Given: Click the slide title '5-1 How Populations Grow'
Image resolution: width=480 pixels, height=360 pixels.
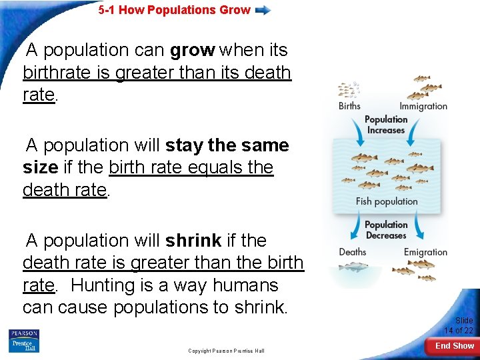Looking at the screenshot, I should tap(174, 10).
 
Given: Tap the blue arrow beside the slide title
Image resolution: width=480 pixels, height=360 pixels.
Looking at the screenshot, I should tap(263, 10).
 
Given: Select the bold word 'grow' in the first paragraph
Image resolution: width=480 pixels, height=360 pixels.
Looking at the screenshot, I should tap(192, 50).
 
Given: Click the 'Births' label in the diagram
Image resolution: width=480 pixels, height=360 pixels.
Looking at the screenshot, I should tap(349, 106).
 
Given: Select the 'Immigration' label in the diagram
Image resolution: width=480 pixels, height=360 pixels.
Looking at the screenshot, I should tap(423, 106).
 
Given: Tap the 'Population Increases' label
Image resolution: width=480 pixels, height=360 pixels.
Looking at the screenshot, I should tap(386, 125).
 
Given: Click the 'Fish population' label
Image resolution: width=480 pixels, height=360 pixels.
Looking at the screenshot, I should tap(387, 201).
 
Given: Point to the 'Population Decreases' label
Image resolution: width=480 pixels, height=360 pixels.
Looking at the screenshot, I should tap(386, 230).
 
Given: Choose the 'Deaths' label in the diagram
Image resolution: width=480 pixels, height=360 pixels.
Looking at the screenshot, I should tap(352, 252).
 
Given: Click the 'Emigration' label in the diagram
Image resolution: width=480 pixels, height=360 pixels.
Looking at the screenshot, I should tap(425, 252).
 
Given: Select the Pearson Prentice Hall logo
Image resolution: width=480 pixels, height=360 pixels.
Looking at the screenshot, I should tap(24, 341).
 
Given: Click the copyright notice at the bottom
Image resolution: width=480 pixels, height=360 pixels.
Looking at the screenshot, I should tap(226, 351).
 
